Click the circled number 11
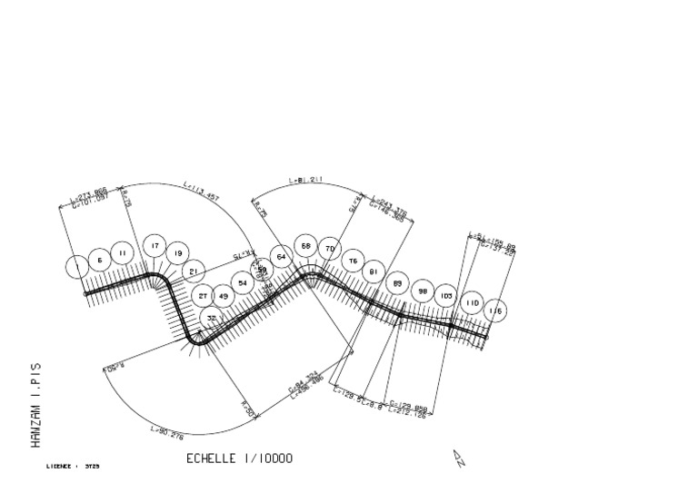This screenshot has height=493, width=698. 123,251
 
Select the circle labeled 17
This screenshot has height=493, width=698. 155,246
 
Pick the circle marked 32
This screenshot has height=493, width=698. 211,318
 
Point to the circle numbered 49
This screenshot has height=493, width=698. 224,296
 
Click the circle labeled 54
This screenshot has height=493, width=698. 243,283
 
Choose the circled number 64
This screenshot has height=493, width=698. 282,257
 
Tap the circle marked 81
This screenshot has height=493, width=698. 373,271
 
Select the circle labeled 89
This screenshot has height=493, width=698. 397,283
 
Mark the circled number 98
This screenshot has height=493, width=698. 422,291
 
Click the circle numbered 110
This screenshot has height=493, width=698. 471,302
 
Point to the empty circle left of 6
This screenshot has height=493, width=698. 78,266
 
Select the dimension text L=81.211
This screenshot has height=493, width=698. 306,181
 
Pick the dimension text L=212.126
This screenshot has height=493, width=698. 407,411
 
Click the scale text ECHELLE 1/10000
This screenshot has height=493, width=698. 239,458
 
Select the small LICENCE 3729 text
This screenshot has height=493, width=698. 73,467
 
